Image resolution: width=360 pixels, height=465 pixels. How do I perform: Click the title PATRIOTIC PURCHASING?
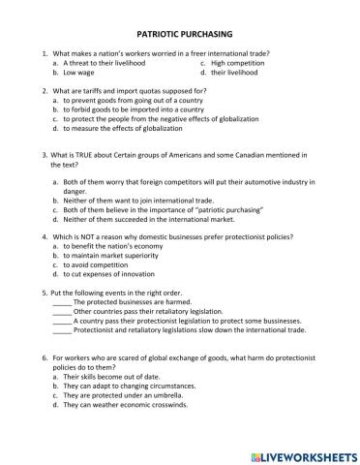coord(180,31)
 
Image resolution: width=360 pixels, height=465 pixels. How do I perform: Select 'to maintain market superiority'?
coord(111,256)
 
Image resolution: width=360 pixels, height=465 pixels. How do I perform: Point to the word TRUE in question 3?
coord(83,155)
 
